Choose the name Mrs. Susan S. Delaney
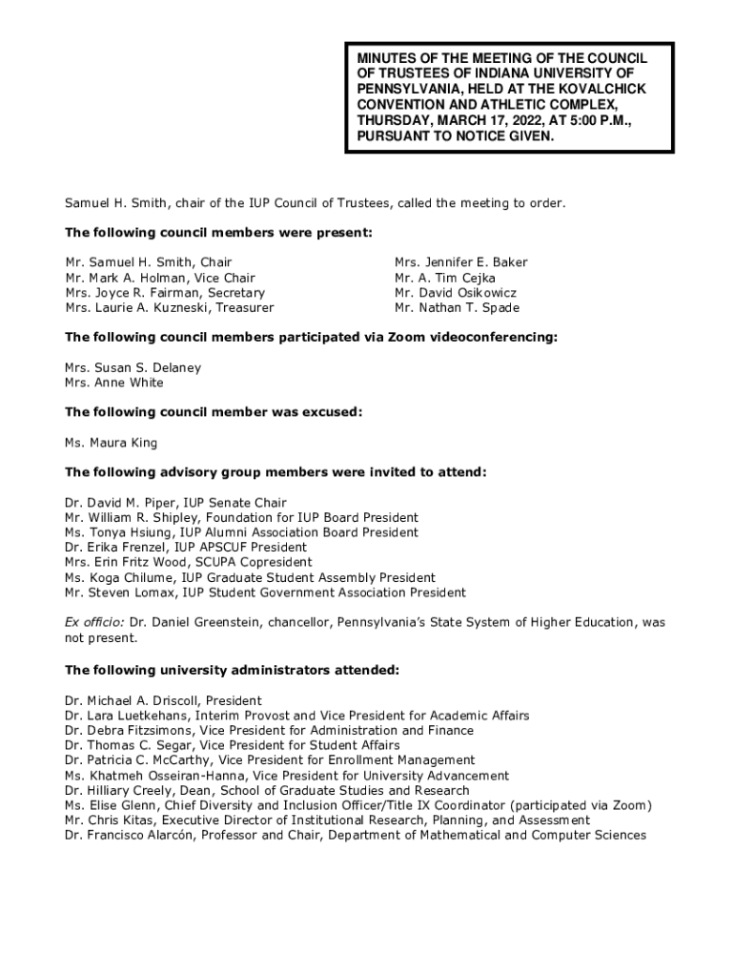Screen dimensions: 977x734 [x=133, y=367]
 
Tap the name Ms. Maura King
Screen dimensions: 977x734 [x=111, y=443]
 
